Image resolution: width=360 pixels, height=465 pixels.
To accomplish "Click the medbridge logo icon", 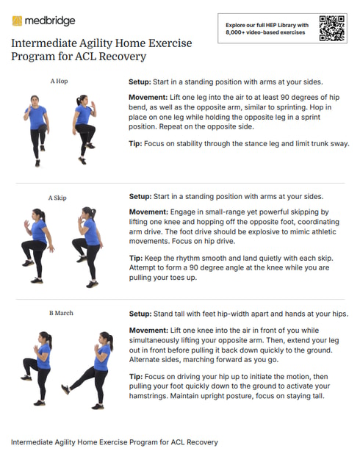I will click(17, 21).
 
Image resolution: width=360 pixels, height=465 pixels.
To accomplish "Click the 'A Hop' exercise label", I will click(59, 82).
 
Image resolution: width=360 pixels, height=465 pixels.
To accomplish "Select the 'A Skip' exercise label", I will click(59, 198).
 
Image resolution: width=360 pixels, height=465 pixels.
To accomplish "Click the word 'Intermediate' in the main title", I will click(41, 43).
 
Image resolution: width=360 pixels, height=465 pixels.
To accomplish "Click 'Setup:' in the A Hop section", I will click(140, 82).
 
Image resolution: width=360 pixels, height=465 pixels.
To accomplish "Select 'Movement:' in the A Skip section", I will click(149, 212).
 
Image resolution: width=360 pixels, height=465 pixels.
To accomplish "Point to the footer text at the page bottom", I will click(114, 443).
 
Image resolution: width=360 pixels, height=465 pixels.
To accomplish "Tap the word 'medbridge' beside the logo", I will click(51, 21).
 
